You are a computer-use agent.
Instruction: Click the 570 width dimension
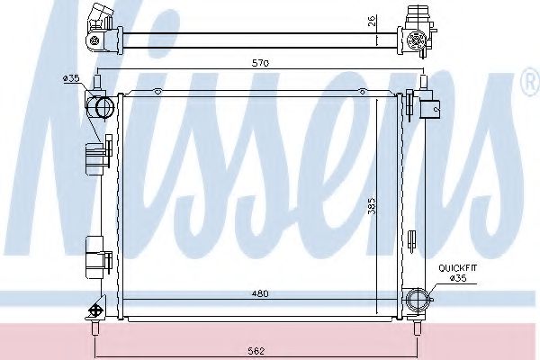(x=260, y=62)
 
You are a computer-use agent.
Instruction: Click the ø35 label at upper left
(x=71, y=79)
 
